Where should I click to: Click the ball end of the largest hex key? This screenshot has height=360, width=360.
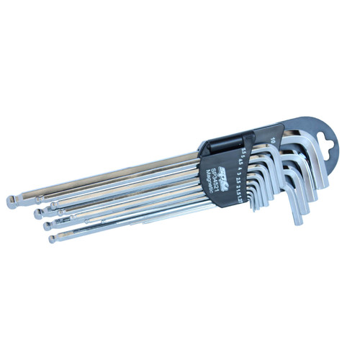pos(11,202)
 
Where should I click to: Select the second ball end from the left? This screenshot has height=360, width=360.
pos(37,214)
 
